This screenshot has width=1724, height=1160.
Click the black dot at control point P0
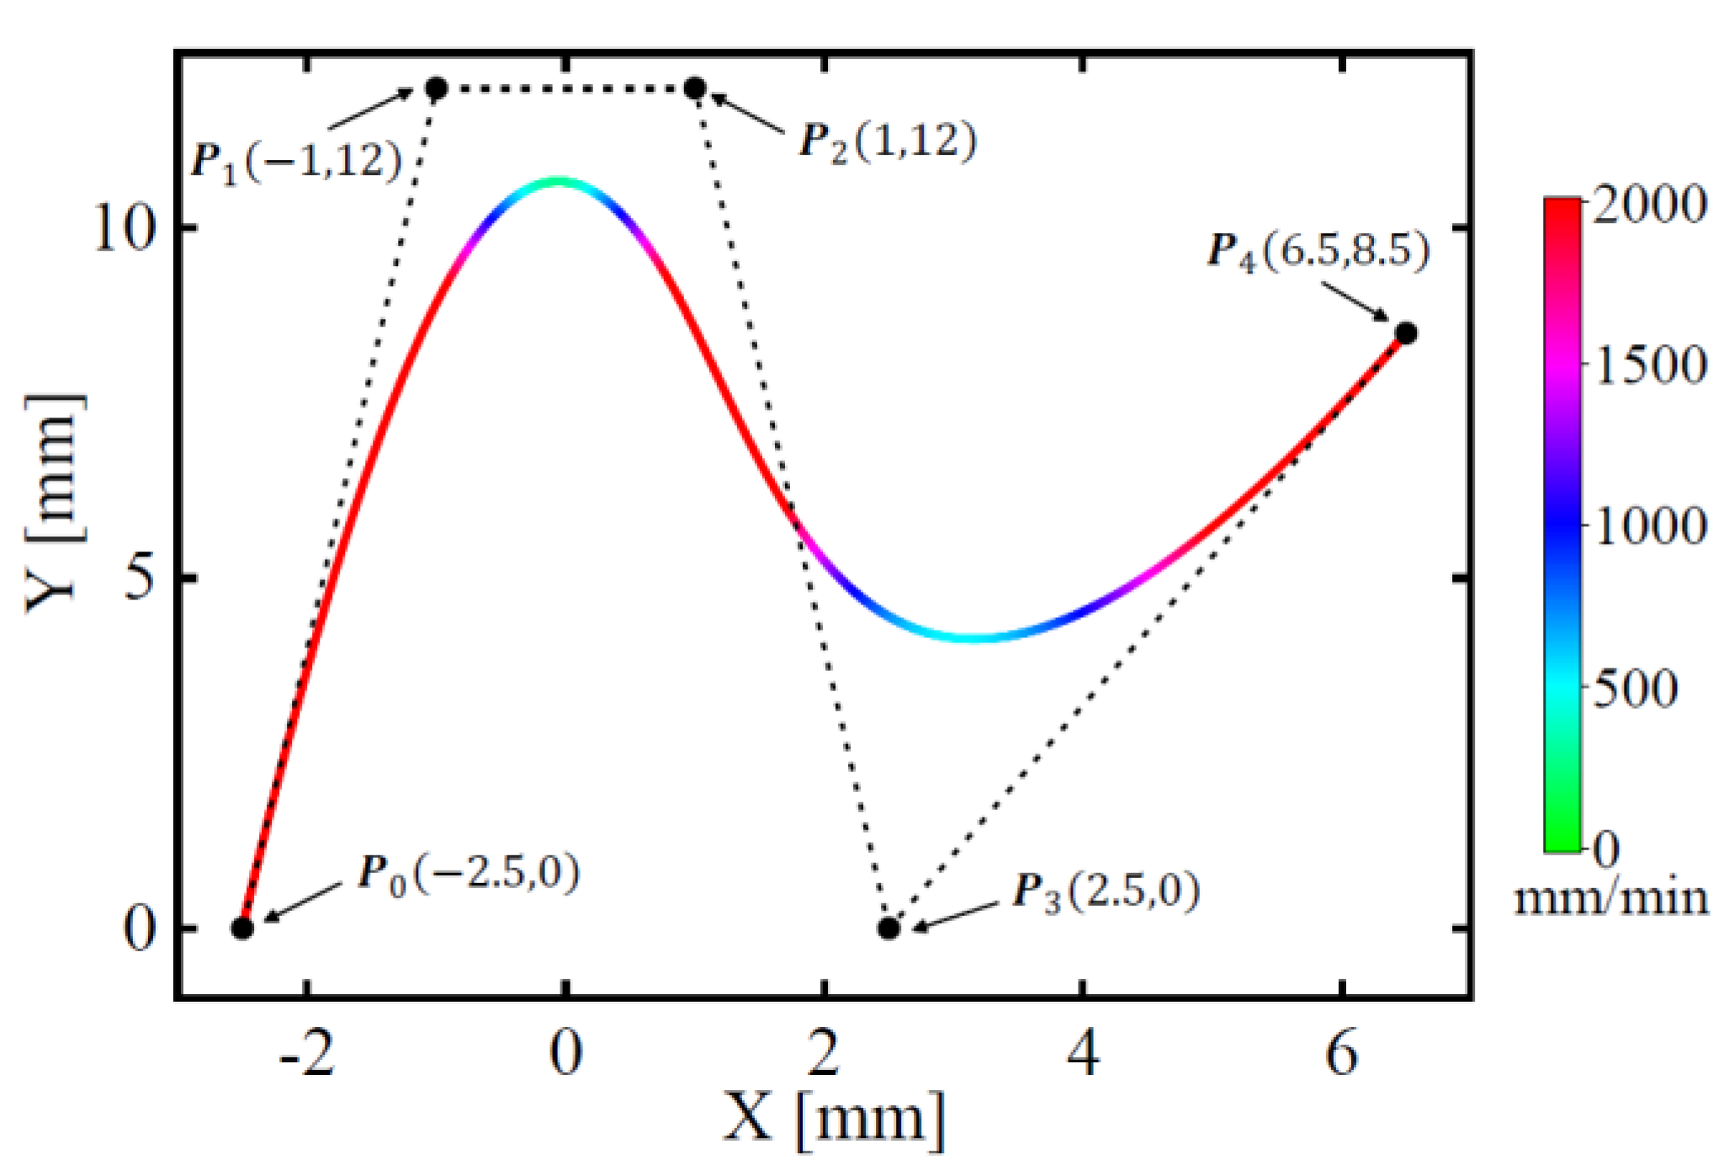[242, 929]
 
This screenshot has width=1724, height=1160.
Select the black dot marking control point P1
[436, 88]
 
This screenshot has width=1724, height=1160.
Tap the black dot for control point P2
[695, 88]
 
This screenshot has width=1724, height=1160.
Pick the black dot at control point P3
[889, 929]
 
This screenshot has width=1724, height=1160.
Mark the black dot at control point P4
[1406, 333]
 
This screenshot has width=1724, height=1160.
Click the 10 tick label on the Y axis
[125, 228]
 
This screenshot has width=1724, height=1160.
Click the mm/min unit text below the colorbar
[1611, 898]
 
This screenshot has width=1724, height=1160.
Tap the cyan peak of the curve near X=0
[557, 181]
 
